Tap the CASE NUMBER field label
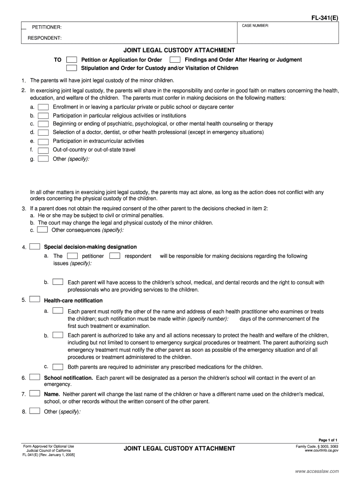coord(255,25)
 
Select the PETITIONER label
coord(47,28)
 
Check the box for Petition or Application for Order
coord(72,60)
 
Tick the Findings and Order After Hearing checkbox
coord(175,60)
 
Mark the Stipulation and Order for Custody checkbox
coord(72,68)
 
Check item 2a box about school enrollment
coord(43,107)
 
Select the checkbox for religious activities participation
coord(43,116)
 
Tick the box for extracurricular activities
coord(43,141)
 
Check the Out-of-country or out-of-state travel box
coord(43,150)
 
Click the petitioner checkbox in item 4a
coord(72,256)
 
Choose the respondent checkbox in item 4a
coord(115,256)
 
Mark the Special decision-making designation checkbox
coord(35,247)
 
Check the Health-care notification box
coord(35,300)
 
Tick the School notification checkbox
coord(35,377)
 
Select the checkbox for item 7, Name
coord(35,394)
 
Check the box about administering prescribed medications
coord(58,366)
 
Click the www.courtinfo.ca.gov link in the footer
coord(321,450)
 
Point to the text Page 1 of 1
coord(328,440)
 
